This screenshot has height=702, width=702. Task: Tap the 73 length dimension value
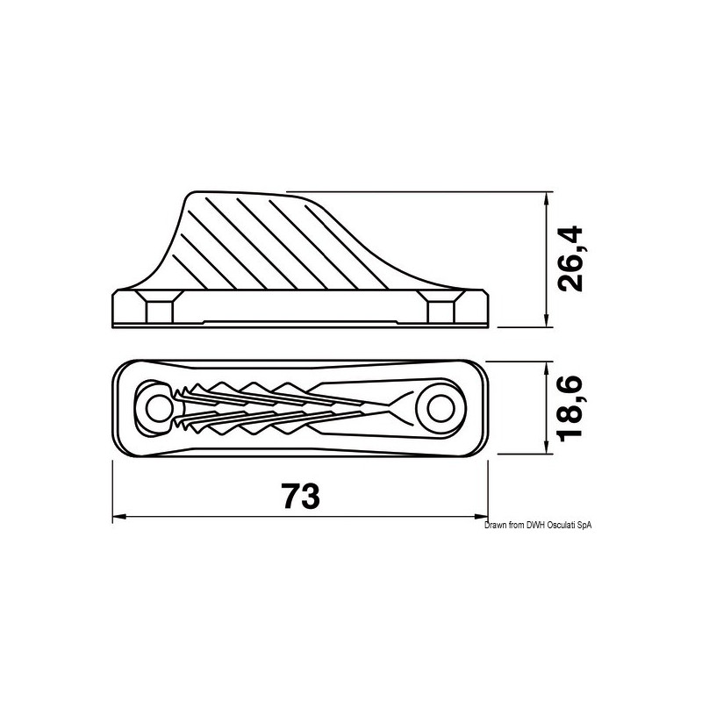[x=300, y=497]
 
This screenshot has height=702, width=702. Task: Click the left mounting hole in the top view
[x=159, y=406]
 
